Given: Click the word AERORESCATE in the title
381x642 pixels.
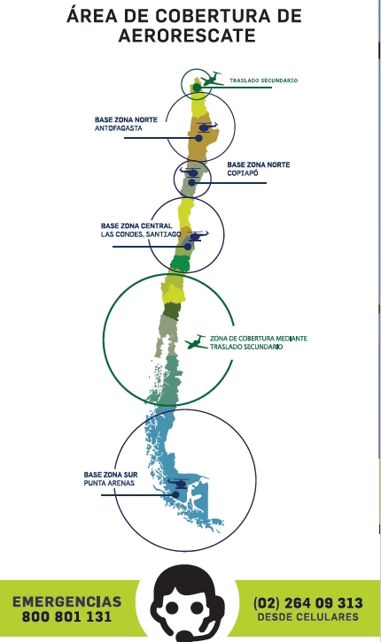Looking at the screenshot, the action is tap(187, 35).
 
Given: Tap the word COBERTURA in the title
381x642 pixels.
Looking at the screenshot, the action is tap(213, 16).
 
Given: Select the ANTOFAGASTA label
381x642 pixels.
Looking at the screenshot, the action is tap(119, 128).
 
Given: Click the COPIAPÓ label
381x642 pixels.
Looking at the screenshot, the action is tap(243, 173).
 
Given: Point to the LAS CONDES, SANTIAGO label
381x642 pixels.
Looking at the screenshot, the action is tap(141, 234).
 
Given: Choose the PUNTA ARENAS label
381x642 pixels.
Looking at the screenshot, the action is tap(109, 483).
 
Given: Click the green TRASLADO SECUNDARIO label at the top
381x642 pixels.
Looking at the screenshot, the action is tap(263, 80).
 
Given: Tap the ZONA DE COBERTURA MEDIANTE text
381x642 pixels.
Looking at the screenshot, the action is tap(259, 339).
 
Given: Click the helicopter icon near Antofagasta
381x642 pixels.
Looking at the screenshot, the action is tap(206, 126).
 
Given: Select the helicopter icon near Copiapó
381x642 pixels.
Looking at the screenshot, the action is tap(190, 172).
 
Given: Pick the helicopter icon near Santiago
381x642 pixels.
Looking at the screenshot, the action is tap(197, 236).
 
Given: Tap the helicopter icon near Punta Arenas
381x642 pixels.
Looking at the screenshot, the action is tap(178, 484).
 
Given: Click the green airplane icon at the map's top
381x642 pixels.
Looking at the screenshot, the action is tap(212, 79).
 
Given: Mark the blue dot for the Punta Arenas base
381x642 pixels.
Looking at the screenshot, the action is tap(175, 494).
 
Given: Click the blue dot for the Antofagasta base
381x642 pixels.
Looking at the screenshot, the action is tap(198, 138).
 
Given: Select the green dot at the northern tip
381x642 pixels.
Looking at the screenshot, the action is tap(198, 88).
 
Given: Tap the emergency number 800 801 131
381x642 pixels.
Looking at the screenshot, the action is tap(66, 616).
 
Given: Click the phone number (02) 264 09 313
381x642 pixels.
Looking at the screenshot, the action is tap(308, 603).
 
